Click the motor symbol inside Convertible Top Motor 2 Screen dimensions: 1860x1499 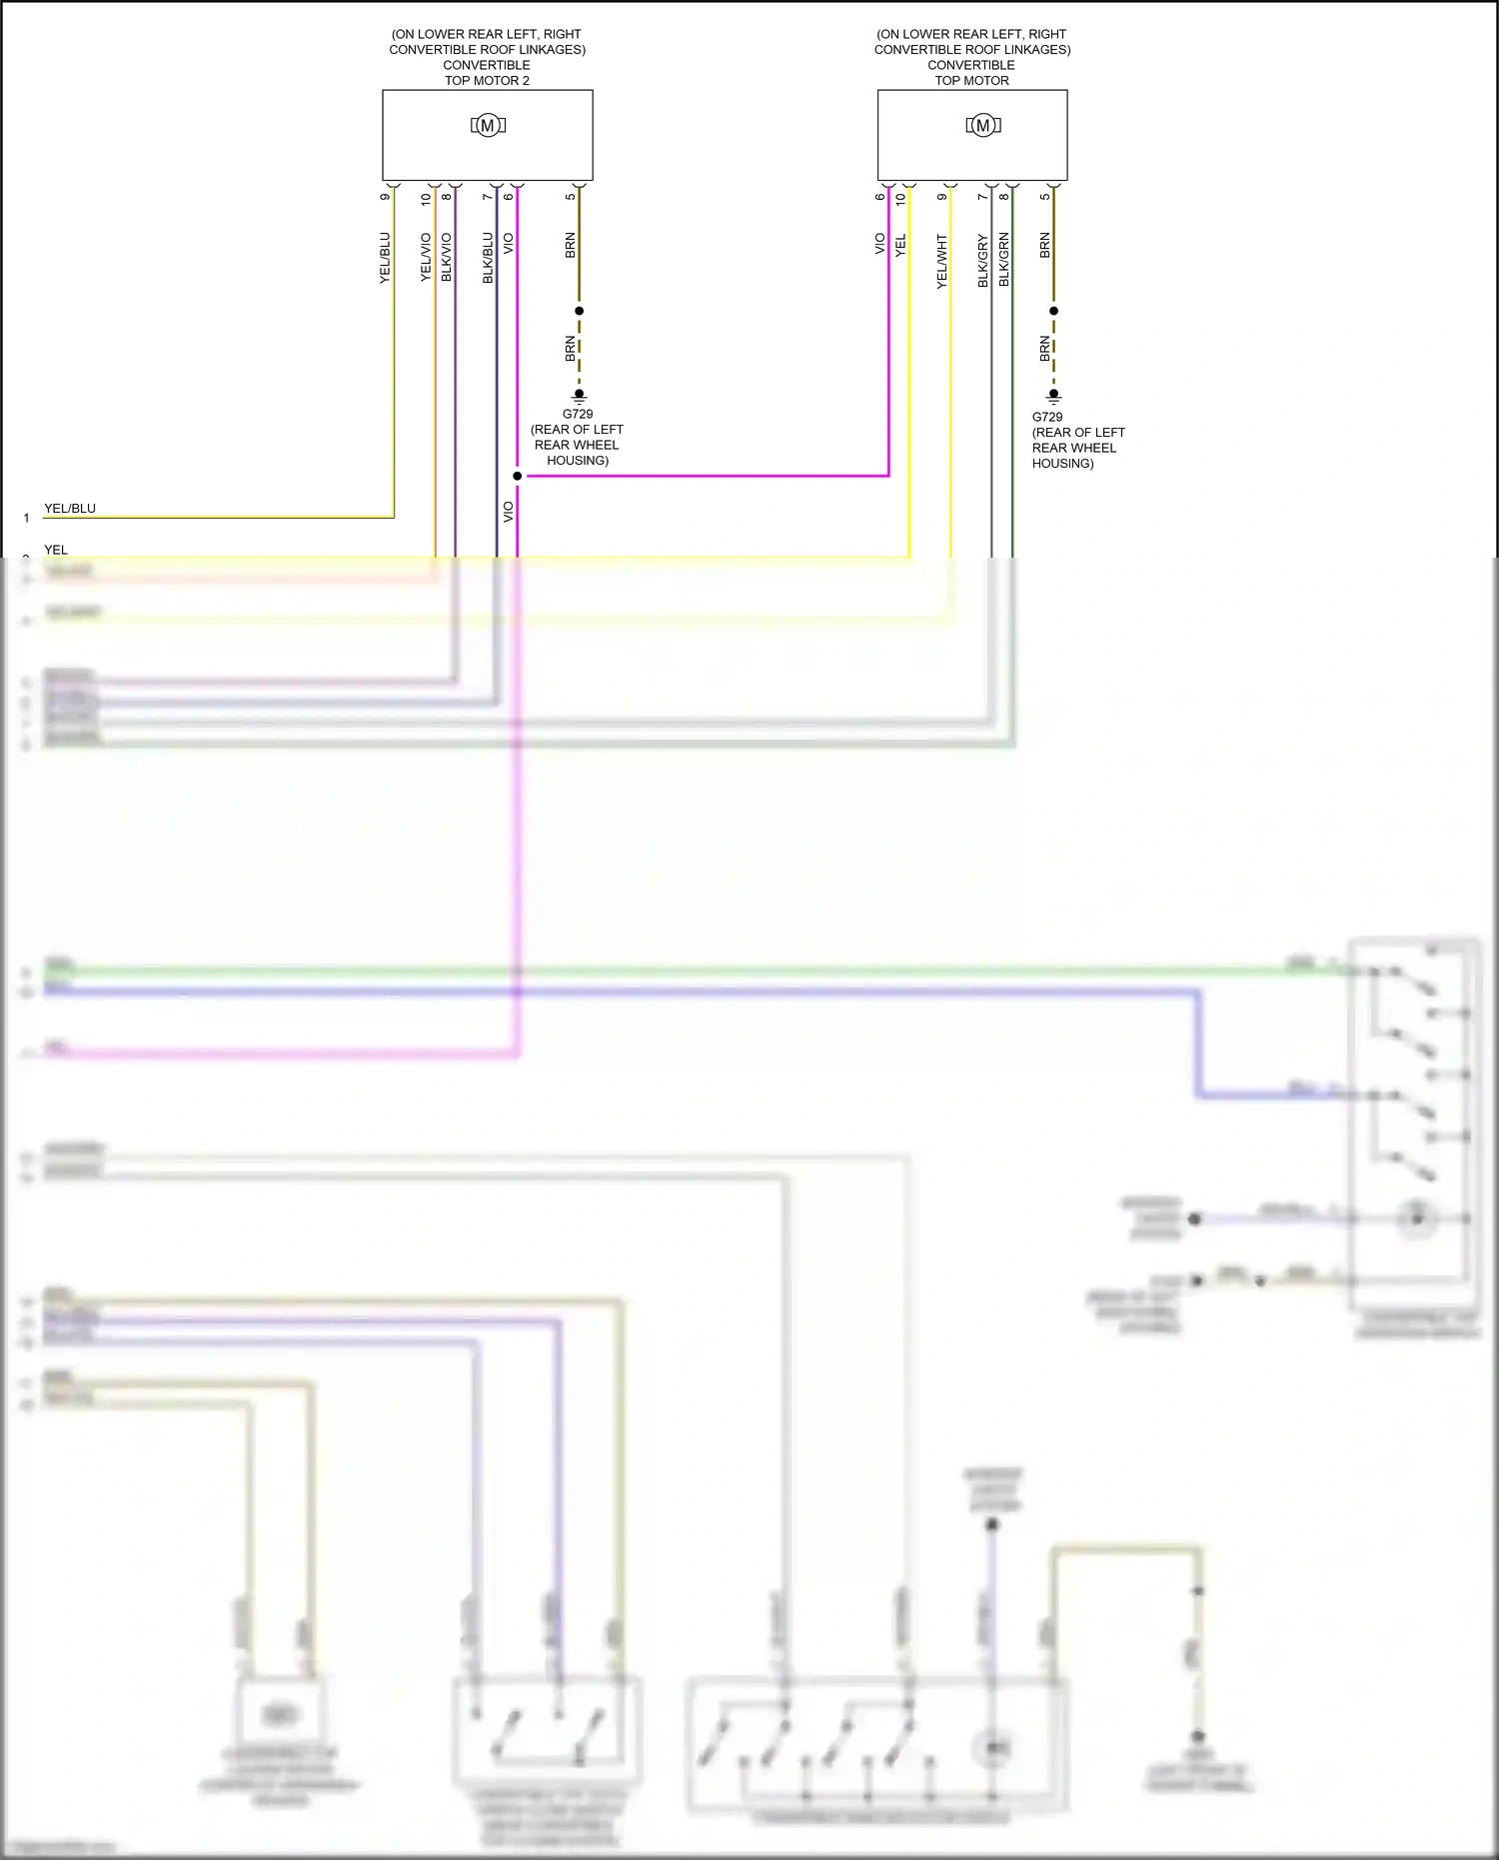(x=488, y=125)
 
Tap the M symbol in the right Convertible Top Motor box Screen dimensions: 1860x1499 (x=983, y=125)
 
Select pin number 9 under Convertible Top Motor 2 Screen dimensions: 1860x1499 (x=385, y=197)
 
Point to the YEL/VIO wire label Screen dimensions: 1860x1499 (x=426, y=258)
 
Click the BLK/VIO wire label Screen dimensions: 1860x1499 (x=447, y=258)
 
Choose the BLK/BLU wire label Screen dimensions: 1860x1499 (x=488, y=258)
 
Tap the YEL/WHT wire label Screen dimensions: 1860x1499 (x=941, y=262)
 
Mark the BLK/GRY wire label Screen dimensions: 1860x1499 (x=982, y=261)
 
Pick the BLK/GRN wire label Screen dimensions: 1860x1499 (x=1003, y=260)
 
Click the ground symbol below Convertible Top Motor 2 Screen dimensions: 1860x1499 (x=579, y=396)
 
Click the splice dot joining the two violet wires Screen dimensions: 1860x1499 (x=517, y=476)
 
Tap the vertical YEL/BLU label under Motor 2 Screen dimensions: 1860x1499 (x=385, y=258)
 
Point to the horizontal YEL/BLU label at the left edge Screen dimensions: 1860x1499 (x=70, y=509)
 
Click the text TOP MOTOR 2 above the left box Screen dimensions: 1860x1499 (x=487, y=81)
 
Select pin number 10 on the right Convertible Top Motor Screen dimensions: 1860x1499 (x=900, y=198)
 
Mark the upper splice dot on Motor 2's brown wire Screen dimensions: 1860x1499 (x=579, y=311)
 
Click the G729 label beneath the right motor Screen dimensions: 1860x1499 (x=1047, y=417)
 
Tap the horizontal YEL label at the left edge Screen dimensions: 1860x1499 (x=56, y=550)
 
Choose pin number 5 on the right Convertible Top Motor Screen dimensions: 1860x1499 (x=1044, y=197)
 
